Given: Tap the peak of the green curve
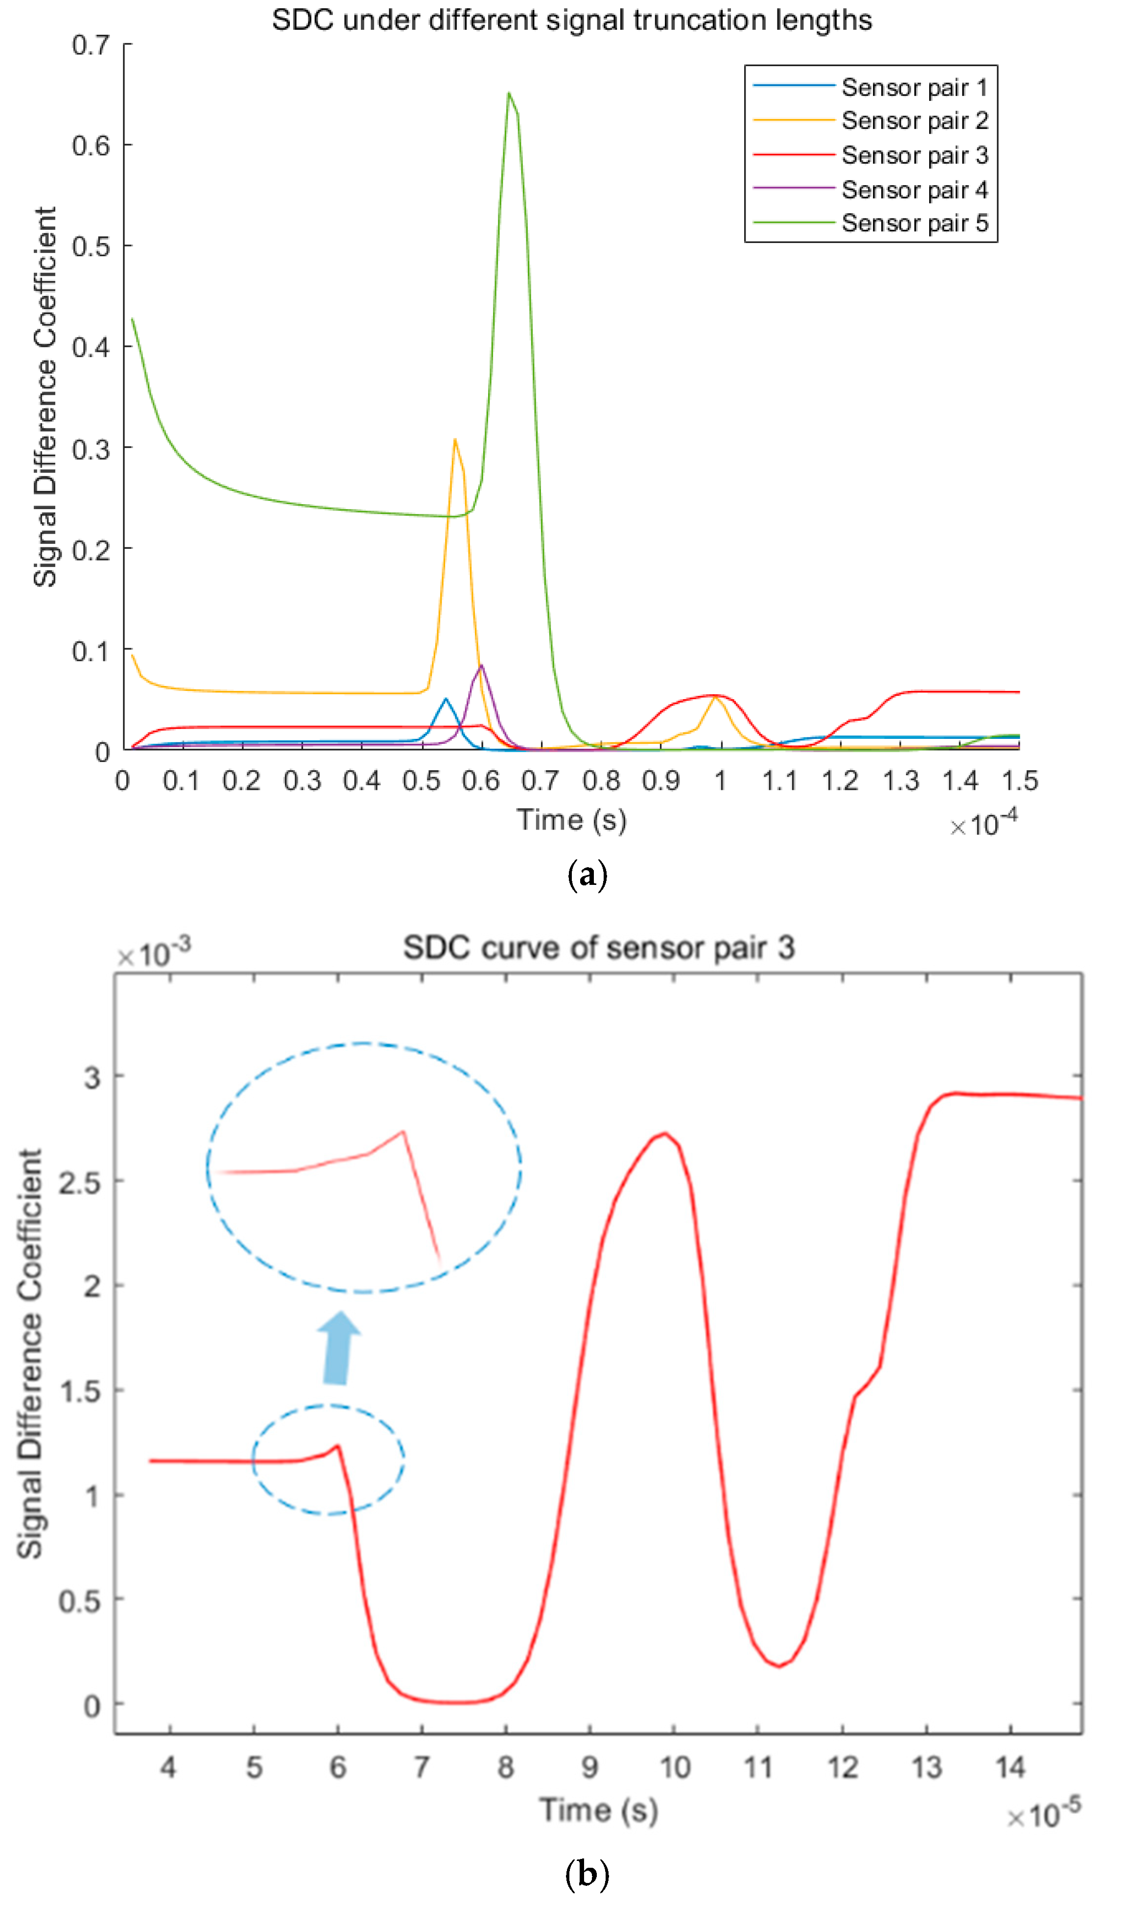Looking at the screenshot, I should point(509,94).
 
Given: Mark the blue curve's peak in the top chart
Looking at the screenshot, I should point(446,699).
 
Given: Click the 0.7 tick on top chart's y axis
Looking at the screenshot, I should point(91,46).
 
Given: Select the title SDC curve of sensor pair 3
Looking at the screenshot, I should point(598,948).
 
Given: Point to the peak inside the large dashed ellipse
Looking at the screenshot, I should point(403,1132).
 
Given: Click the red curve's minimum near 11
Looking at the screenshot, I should point(779,1667).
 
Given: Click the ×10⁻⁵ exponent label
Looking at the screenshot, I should point(1044,1815).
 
